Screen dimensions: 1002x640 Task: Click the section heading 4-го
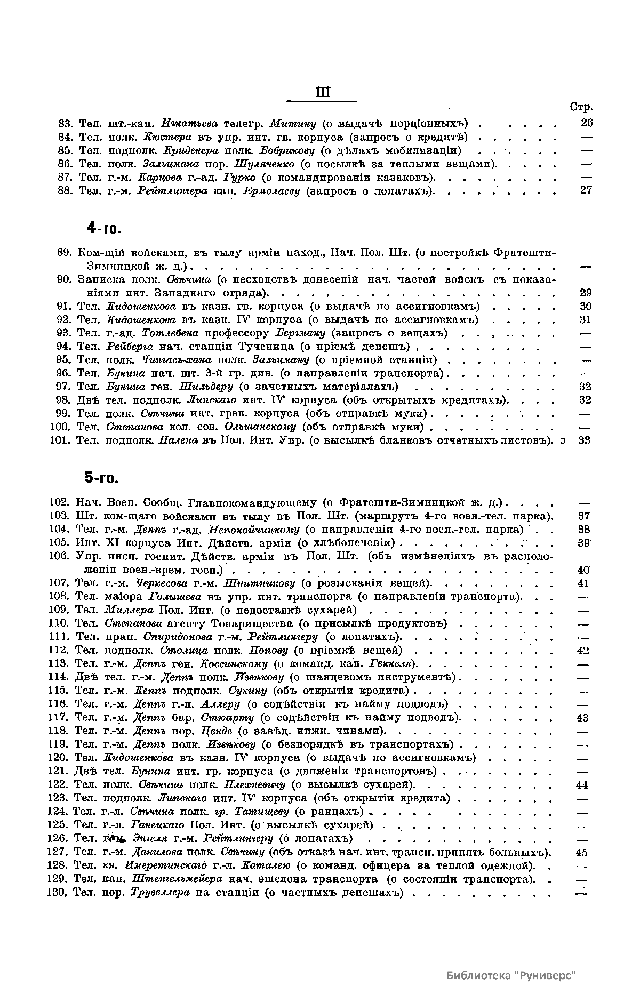[105, 229]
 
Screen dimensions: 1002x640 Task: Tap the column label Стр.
[581, 107]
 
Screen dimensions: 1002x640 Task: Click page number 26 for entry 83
[586, 124]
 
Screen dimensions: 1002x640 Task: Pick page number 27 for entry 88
[586, 190]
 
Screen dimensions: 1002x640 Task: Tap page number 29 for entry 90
[585, 293]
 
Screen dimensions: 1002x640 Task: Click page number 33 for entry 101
[585, 440]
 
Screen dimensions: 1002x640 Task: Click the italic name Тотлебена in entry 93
[170, 333]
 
